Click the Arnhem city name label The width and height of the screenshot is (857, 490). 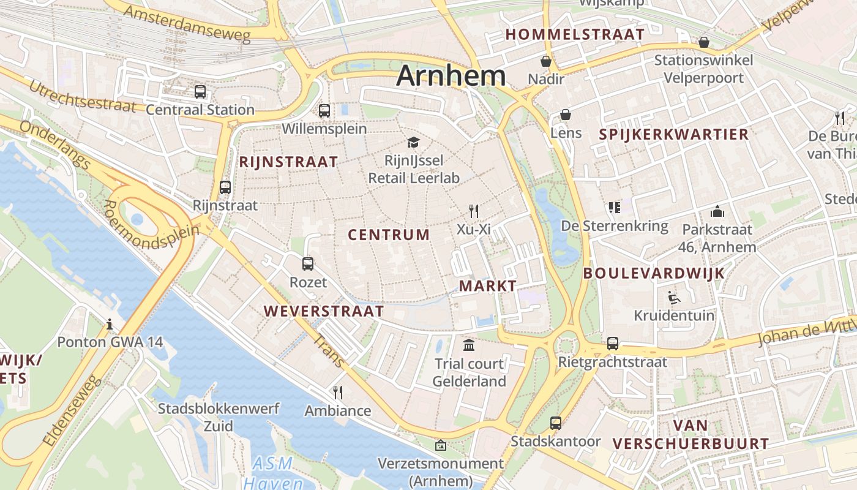[451, 76]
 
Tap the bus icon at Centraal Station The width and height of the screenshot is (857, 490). [200, 92]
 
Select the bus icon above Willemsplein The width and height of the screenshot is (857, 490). [324, 111]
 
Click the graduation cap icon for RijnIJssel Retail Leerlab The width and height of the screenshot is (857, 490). [414, 143]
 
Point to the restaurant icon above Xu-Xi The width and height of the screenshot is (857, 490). [473, 211]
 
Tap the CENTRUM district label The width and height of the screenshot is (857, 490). [389, 235]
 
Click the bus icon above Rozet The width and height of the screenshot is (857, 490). [308, 264]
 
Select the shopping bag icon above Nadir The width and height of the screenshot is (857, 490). [546, 61]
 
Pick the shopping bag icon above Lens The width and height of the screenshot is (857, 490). [566, 115]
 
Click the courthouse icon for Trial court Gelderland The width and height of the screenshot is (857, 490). [470, 345]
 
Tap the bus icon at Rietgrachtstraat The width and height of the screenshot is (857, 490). [613, 344]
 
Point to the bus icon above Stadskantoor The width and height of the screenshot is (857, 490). [556, 423]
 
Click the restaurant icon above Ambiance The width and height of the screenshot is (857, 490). [337, 392]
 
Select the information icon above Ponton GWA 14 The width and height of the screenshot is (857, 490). [110, 323]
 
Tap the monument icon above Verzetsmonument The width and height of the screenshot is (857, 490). [440, 445]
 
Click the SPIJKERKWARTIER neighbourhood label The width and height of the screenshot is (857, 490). [673, 135]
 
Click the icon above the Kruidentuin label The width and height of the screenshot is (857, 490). [674, 298]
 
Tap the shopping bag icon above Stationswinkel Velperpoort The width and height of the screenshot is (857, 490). [704, 42]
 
